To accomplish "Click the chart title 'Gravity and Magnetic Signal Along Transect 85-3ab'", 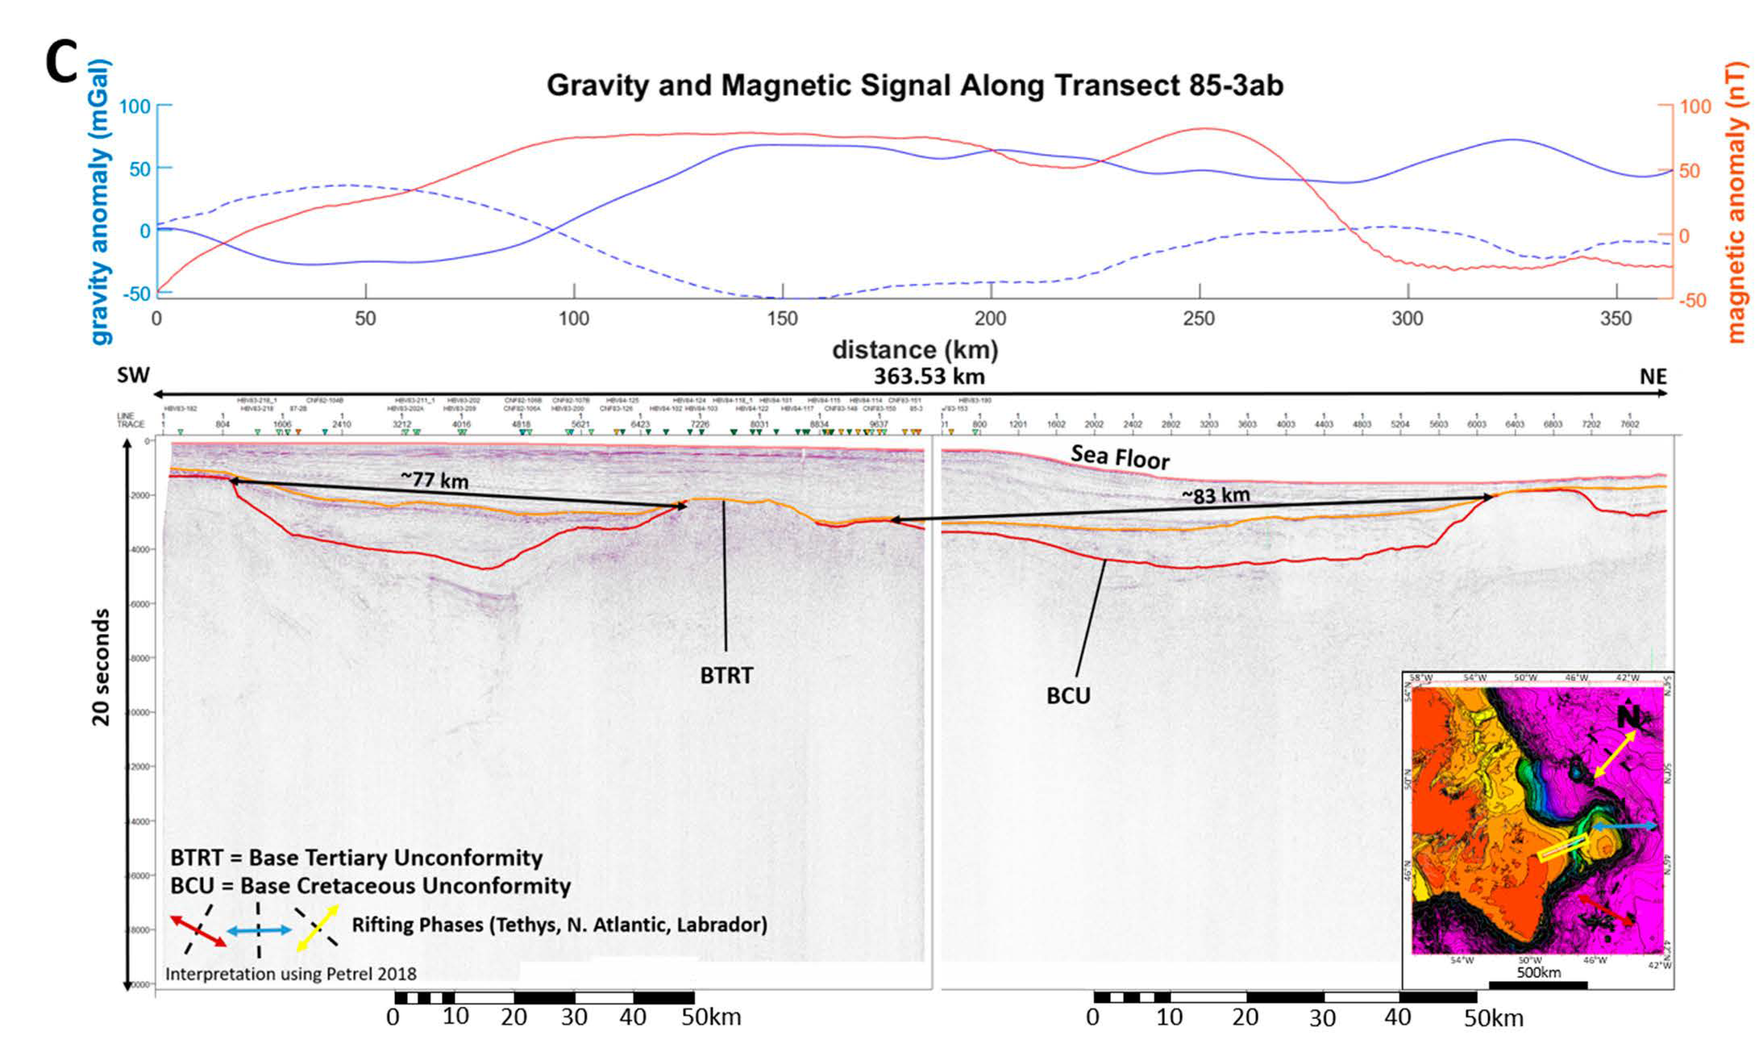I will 915,85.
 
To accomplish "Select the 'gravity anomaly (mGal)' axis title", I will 101,202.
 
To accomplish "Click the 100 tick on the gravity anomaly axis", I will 134,107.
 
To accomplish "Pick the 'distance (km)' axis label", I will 915,350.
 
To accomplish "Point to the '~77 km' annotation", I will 434,480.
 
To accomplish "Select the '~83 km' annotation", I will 1215,495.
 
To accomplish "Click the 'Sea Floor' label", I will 1120,457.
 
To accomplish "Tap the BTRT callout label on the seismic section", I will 726,676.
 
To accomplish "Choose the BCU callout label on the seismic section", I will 1068,696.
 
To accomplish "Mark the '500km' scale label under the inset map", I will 1539,972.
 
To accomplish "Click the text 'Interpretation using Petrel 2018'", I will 291,974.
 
